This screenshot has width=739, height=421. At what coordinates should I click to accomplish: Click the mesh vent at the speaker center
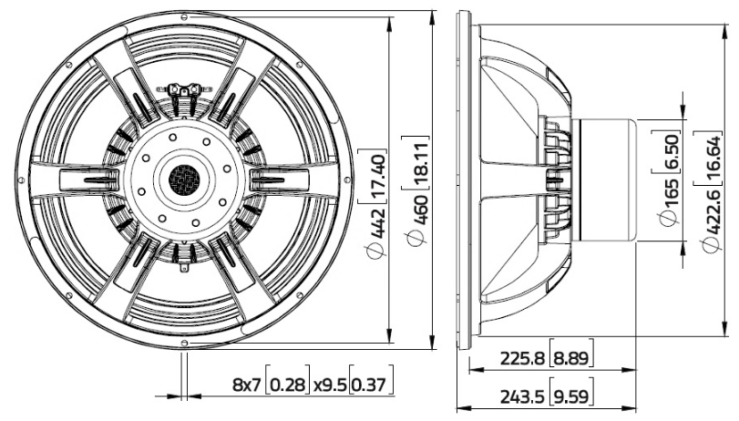[x=186, y=176]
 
